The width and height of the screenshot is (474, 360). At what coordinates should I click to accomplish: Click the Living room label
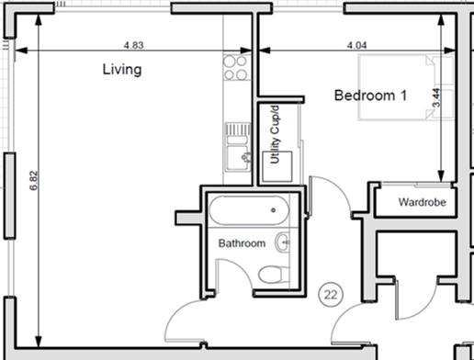click(x=121, y=70)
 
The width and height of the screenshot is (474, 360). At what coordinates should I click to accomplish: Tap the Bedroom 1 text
click(x=370, y=96)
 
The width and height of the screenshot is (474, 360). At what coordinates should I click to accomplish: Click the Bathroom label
click(x=242, y=243)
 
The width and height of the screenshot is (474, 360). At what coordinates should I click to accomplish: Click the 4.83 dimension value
click(x=135, y=44)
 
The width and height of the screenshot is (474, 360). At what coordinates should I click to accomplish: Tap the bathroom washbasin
click(x=283, y=243)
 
